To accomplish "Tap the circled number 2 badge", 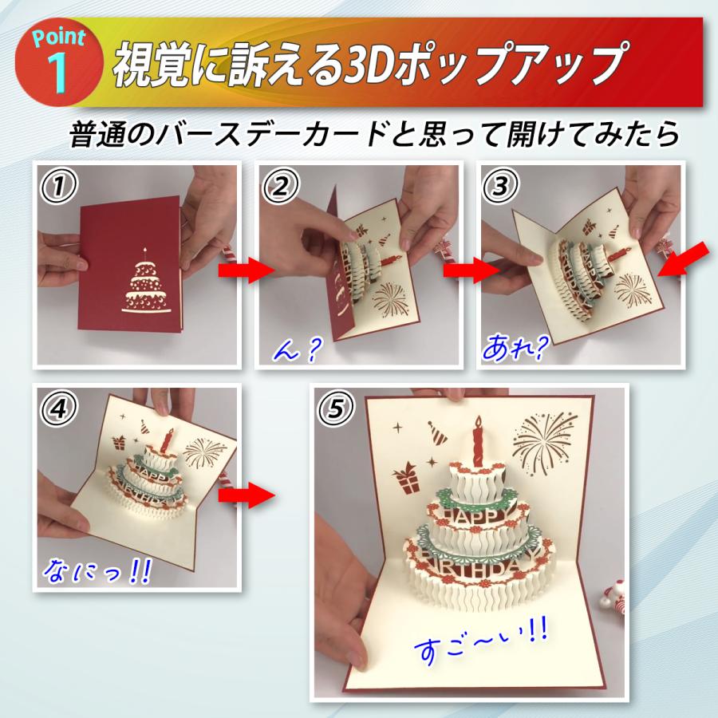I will [x=281, y=187].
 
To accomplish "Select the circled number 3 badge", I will [x=502, y=187].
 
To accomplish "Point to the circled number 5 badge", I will [x=334, y=409].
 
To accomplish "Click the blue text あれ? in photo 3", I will [x=515, y=347].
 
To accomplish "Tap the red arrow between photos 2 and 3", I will [x=468, y=271].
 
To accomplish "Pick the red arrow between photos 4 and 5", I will [x=247, y=495].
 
